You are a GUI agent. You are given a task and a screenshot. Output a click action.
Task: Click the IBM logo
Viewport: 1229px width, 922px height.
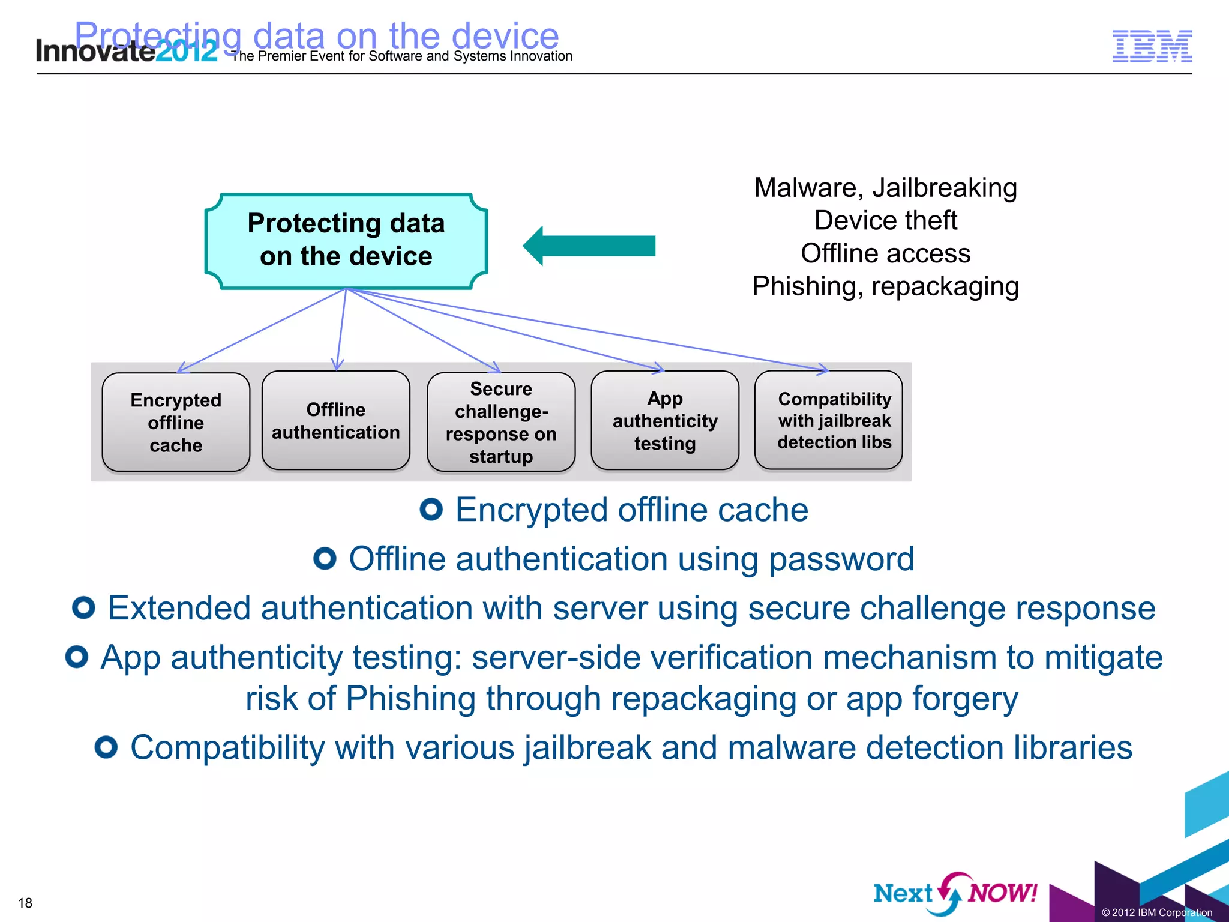pos(1152,46)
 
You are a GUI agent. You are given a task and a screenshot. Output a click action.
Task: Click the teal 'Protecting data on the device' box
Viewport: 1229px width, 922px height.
pos(346,240)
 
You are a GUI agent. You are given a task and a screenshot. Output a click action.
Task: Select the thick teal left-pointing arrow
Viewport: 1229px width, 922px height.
pos(589,246)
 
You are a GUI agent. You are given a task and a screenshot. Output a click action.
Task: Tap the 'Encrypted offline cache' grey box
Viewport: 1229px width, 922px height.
pos(176,423)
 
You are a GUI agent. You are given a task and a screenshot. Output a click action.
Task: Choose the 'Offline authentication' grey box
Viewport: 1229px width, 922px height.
pos(336,421)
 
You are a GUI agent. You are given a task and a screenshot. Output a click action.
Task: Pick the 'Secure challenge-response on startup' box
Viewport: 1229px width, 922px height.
pos(501,423)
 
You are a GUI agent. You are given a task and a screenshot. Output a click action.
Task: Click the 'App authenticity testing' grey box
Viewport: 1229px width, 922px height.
pos(665,421)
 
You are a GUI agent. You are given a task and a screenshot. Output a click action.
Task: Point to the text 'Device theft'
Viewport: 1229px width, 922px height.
pos(885,220)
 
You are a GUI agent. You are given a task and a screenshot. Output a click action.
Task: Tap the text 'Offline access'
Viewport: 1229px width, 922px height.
pos(885,253)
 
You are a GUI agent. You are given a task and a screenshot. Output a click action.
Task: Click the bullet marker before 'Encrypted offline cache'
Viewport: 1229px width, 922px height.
pos(431,510)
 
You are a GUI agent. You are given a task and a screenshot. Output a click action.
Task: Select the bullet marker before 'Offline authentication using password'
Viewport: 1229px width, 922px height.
pos(325,559)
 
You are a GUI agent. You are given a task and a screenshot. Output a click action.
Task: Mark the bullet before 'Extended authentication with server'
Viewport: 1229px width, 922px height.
pos(83,608)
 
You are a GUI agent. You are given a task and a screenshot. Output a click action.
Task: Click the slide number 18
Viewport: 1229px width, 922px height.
pos(25,903)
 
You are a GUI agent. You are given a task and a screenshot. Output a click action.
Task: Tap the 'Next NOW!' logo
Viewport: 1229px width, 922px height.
pos(955,893)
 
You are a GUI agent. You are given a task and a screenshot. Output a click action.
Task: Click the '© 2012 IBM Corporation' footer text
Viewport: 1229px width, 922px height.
pos(1156,912)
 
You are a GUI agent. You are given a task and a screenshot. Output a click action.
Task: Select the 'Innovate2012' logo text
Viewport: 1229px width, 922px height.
pos(126,50)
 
